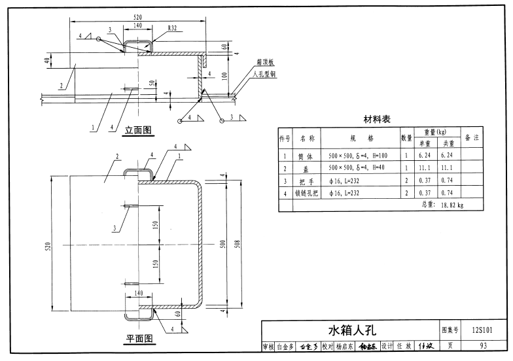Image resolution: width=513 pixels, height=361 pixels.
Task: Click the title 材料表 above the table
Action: click(x=377, y=120)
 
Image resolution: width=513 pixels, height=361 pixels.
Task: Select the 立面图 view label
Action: click(x=138, y=130)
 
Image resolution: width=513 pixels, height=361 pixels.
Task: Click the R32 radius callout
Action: click(x=173, y=29)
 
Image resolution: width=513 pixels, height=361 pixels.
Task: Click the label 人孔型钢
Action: click(x=264, y=75)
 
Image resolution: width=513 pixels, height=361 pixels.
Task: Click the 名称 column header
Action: click(x=307, y=139)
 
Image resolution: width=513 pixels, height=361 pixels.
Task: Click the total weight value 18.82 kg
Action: click(x=451, y=205)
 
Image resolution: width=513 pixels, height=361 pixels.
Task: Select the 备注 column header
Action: click(x=472, y=138)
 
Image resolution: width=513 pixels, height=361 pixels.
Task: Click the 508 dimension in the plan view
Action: click(x=238, y=244)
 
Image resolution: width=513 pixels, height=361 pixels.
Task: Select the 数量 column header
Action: click(x=406, y=139)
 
